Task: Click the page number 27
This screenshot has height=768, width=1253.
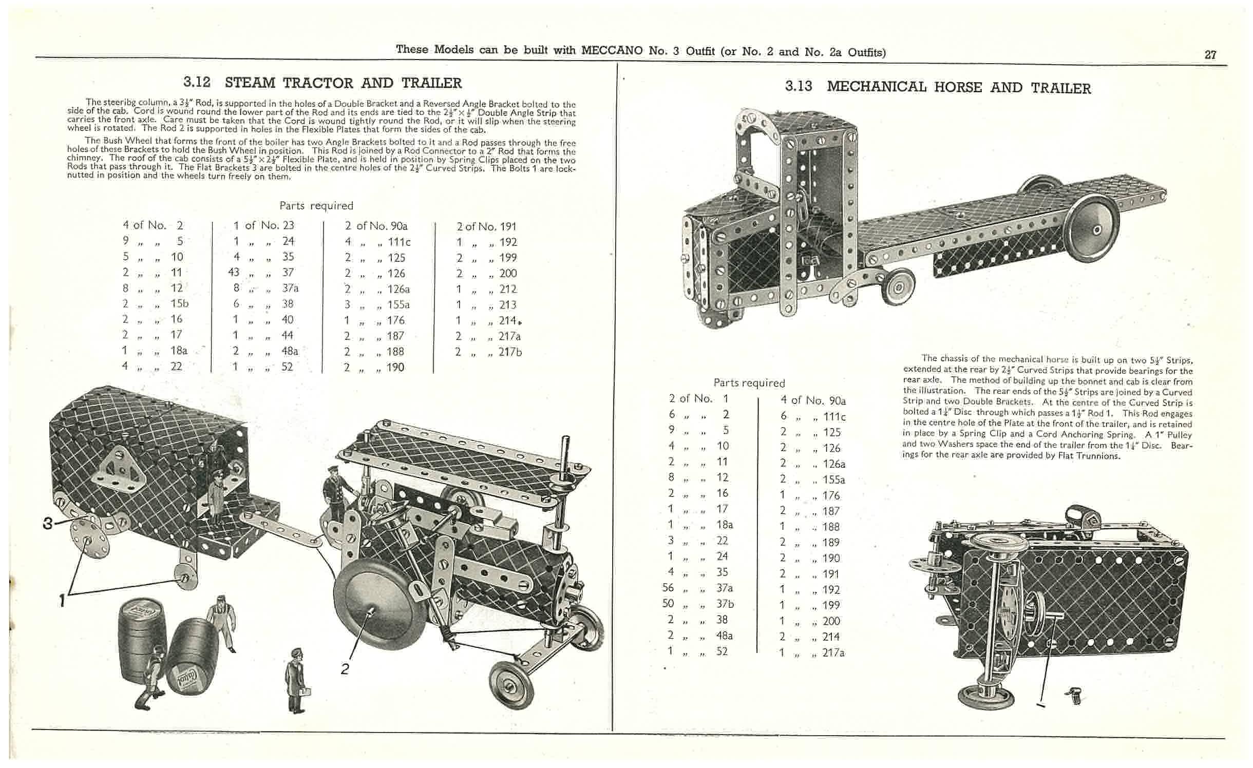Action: [x=1210, y=55]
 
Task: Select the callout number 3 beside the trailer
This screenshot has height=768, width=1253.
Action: [x=48, y=523]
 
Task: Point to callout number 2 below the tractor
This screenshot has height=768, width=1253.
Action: [x=345, y=668]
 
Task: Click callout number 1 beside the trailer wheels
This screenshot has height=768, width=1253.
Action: [x=63, y=600]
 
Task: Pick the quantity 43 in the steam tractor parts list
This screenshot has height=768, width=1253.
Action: [x=234, y=272]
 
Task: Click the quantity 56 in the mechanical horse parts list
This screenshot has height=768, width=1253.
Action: [x=668, y=587]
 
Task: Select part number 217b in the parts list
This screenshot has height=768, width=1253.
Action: [x=510, y=352]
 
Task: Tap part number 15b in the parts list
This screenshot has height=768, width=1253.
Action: [x=179, y=303]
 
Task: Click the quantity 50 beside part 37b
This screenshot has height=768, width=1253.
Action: [x=668, y=603]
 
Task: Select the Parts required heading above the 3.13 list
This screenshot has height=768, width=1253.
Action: [x=749, y=382]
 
